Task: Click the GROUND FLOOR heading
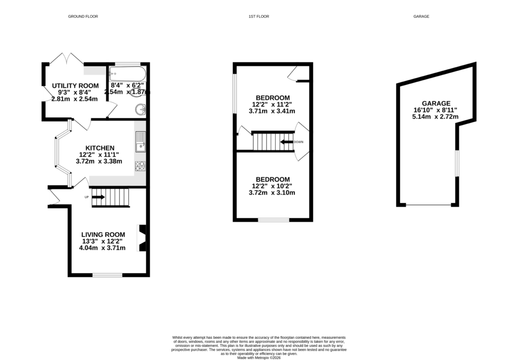click(x=83, y=17)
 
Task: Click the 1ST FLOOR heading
click(x=258, y=17)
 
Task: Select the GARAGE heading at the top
click(x=421, y=17)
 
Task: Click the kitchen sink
click(x=140, y=141)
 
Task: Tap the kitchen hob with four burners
click(x=140, y=166)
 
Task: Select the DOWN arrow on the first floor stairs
click(x=287, y=142)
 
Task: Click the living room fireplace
click(x=142, y=238)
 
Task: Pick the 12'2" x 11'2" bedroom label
click(x=273, y=98)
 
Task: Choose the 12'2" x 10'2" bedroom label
click(x=273, y=179)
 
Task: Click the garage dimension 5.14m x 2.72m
click(x=435, y=116)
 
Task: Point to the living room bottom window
click(x=107, y=275)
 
